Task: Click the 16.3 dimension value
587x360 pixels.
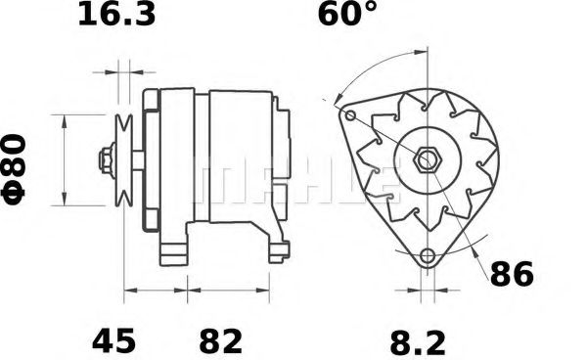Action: (116, 14)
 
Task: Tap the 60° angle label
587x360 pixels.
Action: (347, 14)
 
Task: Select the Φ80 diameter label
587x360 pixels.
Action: (14, 170)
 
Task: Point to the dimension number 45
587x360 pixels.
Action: (113, 340)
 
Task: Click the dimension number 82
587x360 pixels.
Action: (220, 340)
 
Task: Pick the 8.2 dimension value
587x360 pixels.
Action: (418, 342)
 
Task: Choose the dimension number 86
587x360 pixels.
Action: (512, 275)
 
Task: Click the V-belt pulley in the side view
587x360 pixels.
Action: (124, 160)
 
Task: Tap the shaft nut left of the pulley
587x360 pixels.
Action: (107, 160)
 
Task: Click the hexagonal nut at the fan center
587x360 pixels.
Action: (428, 160)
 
